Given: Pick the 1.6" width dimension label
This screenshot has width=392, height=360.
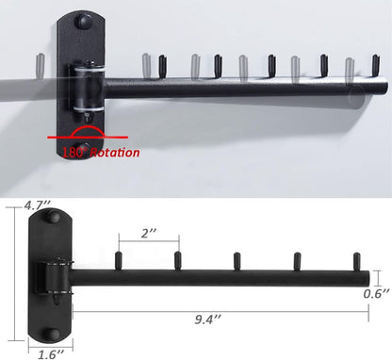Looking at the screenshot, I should [49, 353].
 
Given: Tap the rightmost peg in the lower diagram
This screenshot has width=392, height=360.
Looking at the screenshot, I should [355, 259].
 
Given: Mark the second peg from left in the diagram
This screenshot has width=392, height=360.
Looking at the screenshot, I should [177, 259].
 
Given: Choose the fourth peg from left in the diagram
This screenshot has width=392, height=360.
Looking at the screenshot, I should [296, 259].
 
